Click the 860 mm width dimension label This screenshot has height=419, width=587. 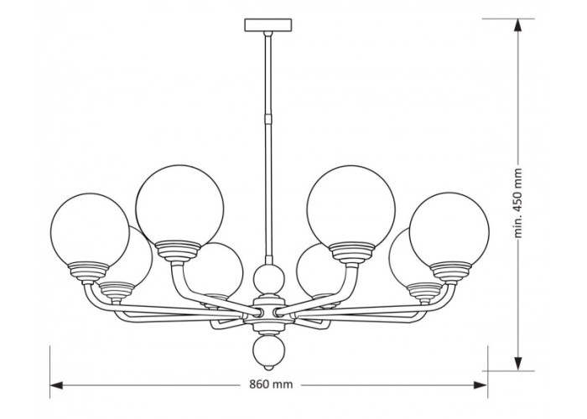[271, 384]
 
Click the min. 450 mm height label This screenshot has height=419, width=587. [517, 203]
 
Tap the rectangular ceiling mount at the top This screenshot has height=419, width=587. [268, 25]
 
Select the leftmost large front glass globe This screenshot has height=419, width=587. [90, 231]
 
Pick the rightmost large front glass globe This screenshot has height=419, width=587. [449, 230]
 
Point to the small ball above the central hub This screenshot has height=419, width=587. [268, 278]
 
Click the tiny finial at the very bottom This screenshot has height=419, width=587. [268, 367]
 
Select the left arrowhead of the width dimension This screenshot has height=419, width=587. [56, 385]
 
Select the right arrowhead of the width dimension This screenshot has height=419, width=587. [481, 385]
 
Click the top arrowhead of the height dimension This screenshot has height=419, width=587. [517, 25]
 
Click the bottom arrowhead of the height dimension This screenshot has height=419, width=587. [517, 364]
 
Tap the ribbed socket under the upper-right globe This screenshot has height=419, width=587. [351, 251]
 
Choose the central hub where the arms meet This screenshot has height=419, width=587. [268, 312]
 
